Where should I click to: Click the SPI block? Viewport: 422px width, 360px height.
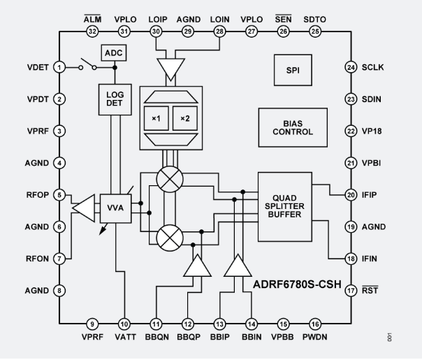tap(293, 71)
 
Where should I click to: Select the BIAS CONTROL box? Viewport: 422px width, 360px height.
tap(293, 127)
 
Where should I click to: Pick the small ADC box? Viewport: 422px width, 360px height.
tap(112, 53)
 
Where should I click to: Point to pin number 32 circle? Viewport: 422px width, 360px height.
tap(92, 31)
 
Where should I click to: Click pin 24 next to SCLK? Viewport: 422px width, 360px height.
tap(351, 67)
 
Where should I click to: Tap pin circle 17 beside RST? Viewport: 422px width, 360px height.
tap(351, 290)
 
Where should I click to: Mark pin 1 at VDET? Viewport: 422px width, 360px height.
tap(60, 67)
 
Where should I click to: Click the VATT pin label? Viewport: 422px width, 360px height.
tap(124, 336)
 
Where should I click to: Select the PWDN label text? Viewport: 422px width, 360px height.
tap(316, 336)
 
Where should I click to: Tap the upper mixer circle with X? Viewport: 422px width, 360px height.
tap(168, 180)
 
